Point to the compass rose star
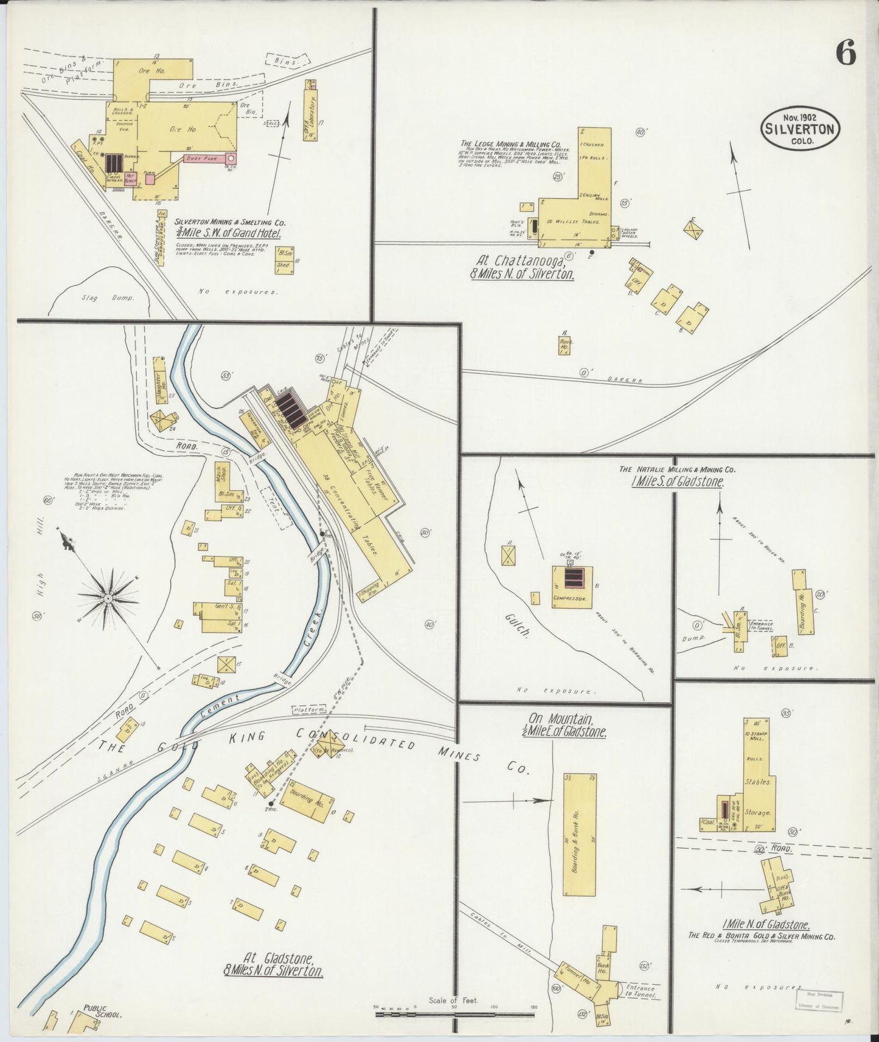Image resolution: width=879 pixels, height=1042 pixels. (x=108, y=598)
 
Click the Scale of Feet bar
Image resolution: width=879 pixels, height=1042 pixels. (x=453, y=1014)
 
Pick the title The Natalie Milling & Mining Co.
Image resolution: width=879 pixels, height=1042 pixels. (x=677, y=469)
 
